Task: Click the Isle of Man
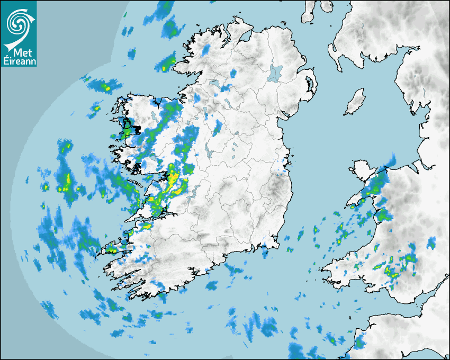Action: pos(355,102)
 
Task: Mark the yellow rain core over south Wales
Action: pos(392,272)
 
